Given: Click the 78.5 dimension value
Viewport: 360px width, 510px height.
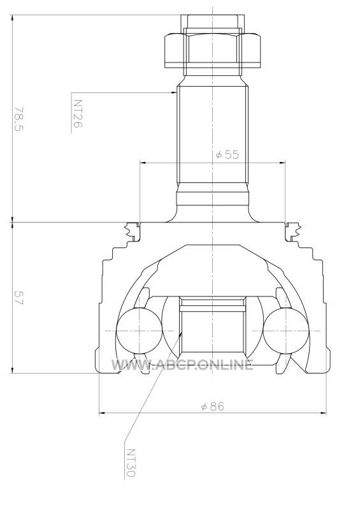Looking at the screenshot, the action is tap(19, 119).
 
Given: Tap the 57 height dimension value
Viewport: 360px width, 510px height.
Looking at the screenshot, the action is tap(19, 298).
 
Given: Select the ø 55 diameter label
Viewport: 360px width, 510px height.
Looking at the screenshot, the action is tap(227, 154).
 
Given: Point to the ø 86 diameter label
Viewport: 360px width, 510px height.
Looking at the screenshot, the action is tap(213, 406).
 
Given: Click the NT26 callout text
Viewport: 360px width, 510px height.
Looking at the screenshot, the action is tap(77, 113).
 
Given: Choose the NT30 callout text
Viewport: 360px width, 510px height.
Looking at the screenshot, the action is tap(131, 463).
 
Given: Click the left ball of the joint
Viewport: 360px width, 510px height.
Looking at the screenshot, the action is tap(139, 331).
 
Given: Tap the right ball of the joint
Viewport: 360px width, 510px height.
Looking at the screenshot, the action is tap(286, 331).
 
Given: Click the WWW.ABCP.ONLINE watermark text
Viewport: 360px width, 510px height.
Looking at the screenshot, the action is tap(182, 365).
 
